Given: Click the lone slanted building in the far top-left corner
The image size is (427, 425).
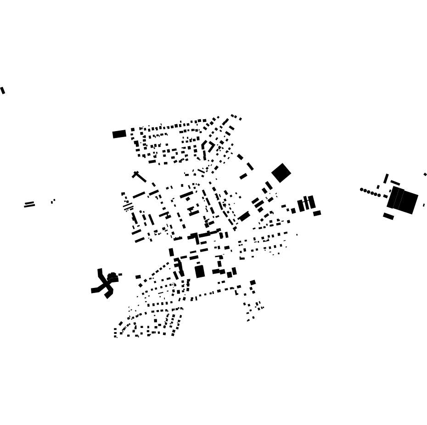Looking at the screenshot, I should click(3, 90).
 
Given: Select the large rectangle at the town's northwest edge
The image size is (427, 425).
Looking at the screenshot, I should click(119, 134).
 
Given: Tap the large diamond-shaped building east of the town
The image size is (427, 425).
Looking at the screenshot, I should click(281, 173).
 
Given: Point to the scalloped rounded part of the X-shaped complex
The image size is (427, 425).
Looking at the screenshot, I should click(112, 276).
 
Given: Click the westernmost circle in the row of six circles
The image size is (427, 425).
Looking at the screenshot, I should click(362, 190).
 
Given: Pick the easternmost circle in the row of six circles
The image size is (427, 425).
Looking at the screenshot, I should click(379, 195).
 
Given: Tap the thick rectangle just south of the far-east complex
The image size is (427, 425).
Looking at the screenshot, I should click(388, 216).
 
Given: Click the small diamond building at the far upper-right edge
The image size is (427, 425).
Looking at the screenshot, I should click(425, 174).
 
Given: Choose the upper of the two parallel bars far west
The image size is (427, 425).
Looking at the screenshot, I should click(29, 202).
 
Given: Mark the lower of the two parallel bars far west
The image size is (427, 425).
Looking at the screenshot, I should click(29, 206).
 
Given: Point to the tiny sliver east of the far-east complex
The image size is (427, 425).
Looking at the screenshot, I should click(423, 205).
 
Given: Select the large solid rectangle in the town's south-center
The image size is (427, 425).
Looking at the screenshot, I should click(199, 271).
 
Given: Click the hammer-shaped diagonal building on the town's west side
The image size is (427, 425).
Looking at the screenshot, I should click(139, 177).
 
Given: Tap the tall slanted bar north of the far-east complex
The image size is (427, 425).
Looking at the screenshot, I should click(386, 178).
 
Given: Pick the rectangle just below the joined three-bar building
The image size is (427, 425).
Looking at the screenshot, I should click(317, 213).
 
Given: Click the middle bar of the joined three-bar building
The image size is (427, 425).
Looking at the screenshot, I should click(306, 202).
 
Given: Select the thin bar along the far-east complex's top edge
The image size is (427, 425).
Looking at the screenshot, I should click(395, 183).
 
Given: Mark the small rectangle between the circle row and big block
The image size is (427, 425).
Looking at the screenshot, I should click(385, 196).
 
